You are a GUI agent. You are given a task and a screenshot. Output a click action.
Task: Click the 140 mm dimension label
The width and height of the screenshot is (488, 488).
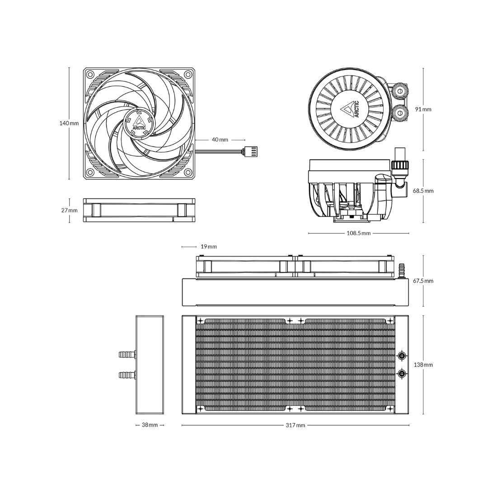[x=69, y=123]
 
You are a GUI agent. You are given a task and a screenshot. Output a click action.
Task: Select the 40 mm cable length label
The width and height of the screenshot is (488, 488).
[x=220, y=140]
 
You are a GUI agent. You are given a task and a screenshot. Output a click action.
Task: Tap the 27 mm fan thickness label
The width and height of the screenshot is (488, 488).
[x=69, y=211]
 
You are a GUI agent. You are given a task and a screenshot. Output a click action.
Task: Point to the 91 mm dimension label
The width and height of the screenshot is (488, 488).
[x=423, y=109]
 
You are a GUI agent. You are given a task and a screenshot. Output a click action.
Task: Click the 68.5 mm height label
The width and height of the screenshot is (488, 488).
[x=423, y=191]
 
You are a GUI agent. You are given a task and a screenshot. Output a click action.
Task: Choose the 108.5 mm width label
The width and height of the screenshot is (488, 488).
[x=359, y=233]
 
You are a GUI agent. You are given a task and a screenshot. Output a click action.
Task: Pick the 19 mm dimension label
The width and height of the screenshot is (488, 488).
[x=208, y=247]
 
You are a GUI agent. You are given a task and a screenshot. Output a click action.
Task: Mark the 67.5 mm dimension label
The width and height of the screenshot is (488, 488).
[x=423, y=281]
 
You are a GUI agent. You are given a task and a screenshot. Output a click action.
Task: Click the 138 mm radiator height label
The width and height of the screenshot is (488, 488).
[x=423, y=365]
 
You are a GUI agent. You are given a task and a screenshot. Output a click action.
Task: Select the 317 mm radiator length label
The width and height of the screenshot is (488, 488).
[x=295, y=425]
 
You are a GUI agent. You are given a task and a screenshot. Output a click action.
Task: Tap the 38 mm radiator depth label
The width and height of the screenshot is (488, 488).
[x=150, y=425]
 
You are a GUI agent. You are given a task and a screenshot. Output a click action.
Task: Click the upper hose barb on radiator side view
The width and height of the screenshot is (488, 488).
[x=127, y=354]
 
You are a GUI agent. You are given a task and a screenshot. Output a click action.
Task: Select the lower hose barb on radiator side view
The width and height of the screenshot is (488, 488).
[x=127, y=375]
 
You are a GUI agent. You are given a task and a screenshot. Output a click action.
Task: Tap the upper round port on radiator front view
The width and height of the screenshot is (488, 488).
[x=401, y=356]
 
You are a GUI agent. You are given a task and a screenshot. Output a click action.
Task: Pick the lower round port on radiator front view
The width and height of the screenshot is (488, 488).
[x=401, y=373]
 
